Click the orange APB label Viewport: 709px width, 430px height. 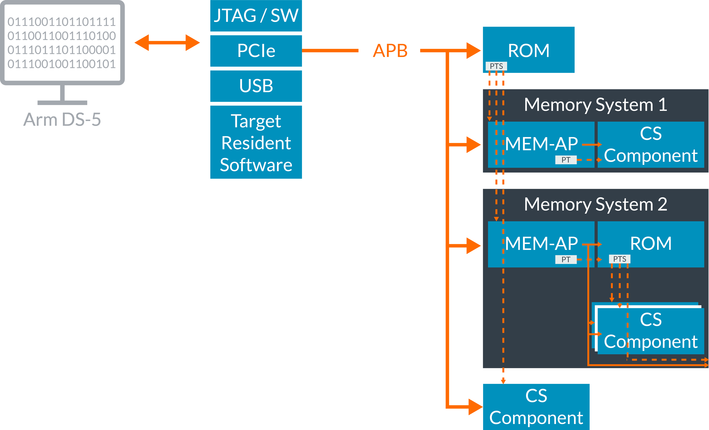click(390, 51)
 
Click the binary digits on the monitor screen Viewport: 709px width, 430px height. click(62, 43)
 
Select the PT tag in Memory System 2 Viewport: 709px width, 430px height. click(566, 259)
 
